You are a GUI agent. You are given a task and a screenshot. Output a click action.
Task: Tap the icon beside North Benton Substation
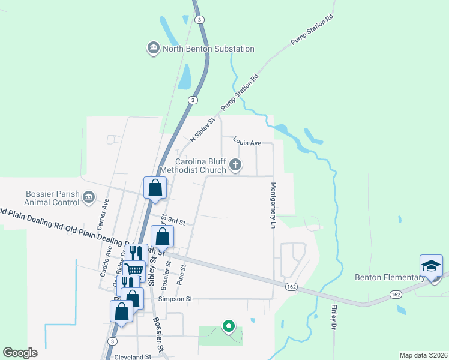point(153,48)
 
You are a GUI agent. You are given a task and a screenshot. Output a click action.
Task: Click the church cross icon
point(236,164)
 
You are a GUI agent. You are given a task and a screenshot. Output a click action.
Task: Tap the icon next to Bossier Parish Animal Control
point(89,197)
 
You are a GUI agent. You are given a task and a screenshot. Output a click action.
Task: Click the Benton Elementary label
point(389,277)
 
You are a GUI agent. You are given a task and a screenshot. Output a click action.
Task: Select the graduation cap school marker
point(432,266)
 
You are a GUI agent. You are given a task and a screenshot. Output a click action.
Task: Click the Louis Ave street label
point(247,143)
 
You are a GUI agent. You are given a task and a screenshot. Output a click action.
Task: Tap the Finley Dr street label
point(334,317)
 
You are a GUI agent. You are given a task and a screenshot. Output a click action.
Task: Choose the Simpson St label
point(175,299)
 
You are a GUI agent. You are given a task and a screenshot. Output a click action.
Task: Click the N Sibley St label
point(202,130)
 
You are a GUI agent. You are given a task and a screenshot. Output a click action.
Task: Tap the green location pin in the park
point(228,326)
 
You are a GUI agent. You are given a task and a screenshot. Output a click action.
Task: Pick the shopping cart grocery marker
point(134,271)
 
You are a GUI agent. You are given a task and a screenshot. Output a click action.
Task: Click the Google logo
point(20,353)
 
